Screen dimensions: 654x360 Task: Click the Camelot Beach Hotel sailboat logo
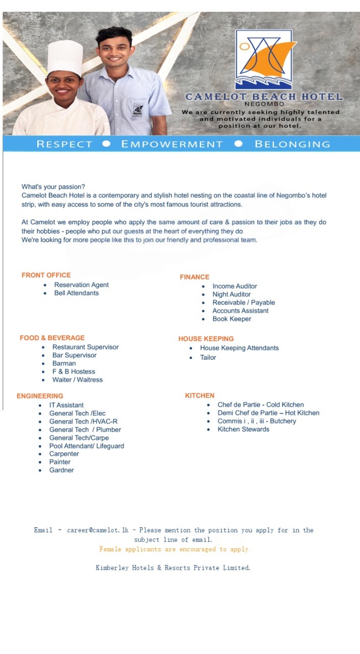263,59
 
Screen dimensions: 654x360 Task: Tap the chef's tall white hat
65,58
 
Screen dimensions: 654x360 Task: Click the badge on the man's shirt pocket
138,109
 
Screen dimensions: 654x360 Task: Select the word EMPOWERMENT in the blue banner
172,144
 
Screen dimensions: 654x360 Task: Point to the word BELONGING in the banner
292,144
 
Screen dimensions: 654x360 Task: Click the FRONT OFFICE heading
46,275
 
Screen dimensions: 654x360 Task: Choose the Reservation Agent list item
81,285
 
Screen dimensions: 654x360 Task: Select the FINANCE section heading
195,277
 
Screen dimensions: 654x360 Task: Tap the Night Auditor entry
231,294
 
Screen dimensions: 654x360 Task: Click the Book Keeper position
232,319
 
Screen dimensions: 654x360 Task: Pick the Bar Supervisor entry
74,355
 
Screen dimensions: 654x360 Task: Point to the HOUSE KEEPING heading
206,339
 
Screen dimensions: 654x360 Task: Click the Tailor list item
208,357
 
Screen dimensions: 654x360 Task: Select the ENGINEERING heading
40,396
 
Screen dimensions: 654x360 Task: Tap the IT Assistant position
66,405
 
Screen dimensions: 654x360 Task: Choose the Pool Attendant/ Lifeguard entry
86,446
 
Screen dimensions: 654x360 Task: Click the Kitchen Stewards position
243,429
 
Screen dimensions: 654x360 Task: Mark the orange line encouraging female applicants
174,549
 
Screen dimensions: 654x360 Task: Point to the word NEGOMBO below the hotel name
264,104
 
